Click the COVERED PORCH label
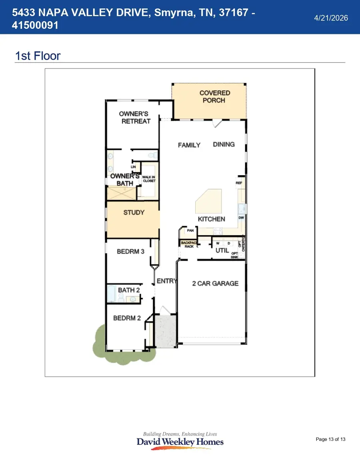tap(214, 96)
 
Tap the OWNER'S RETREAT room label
tap(135, 118)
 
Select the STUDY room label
tap(134, 212)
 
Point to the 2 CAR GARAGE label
tap(215, 283)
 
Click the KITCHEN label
tap(211, 219)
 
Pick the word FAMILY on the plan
tap(189, 145)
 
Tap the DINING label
tap(224, 144)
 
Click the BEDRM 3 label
tap(130, 252)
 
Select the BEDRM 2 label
tap(127, 318)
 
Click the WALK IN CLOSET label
tap(149, 179)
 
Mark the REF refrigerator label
tap(239, 183)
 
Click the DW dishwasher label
tap(241, 218)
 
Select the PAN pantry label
tap(190, 230)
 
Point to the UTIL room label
tap(222, 250)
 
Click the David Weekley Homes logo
tap(180, 441)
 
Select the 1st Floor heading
tap(38, 56)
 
